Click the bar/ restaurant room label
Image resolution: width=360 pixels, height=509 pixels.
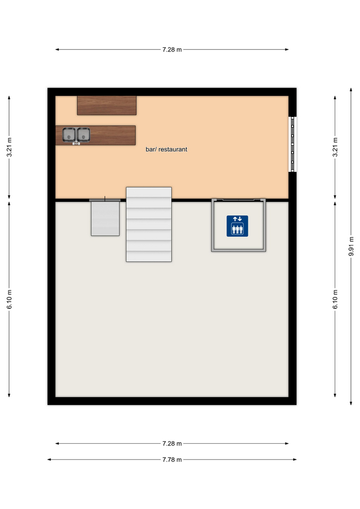click(166, 150)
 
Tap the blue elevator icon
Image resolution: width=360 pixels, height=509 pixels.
click(238, 226)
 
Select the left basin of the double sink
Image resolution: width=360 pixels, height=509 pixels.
click(69, 134)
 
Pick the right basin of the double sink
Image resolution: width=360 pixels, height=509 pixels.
click(83, 134)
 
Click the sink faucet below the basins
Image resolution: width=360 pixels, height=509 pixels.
click(76, 143)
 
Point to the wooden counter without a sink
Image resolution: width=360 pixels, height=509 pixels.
click(107, 105)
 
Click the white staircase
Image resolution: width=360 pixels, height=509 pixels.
click(148, 224)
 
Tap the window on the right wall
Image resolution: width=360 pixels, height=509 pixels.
click(293, 144)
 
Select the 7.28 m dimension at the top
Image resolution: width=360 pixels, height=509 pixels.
click(172, 50)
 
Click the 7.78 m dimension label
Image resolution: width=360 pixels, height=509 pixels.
click(172, 460)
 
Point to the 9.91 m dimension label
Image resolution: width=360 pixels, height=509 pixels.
click(351, 246)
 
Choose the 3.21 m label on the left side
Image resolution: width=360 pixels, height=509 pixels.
click(9, 147)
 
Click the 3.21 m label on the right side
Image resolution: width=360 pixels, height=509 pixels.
click(335, 147)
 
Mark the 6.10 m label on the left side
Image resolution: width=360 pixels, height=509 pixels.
click(9, 299)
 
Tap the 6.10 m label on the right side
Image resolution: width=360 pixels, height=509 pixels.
click(335, 299)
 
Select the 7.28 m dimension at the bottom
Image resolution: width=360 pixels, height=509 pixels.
click(172, 443)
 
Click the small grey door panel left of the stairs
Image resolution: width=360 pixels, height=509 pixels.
click(105, 218)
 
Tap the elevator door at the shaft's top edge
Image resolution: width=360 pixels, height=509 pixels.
click(238, 200)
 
